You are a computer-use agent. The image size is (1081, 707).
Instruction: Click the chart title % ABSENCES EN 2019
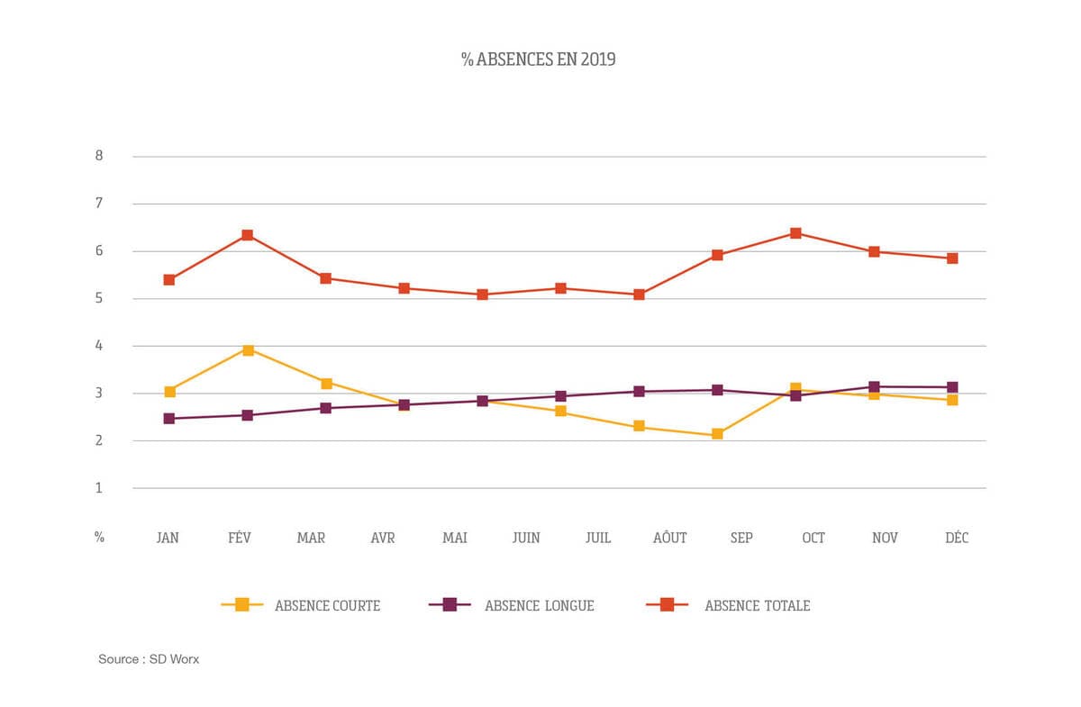539,60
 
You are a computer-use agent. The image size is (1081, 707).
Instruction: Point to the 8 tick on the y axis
99,156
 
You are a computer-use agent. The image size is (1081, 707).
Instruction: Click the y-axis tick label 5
99,298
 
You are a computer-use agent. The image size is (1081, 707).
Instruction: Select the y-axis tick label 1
99,488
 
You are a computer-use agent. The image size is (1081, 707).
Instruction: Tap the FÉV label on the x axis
240,538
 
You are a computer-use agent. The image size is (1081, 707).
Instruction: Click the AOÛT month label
669,538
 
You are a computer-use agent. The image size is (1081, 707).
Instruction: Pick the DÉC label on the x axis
957,538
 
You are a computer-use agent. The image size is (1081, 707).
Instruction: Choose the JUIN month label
526,538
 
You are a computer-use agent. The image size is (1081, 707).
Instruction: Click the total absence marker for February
247,236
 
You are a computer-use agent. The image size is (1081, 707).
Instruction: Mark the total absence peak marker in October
795,233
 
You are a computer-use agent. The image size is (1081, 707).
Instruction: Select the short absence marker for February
247,350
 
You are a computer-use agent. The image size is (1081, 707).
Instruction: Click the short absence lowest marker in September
717,434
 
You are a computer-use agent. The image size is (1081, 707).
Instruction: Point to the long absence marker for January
168,419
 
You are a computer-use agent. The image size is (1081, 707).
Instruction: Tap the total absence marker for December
952,258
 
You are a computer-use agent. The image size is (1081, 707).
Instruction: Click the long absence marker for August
639,392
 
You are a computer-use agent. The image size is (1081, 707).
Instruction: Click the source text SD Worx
149,659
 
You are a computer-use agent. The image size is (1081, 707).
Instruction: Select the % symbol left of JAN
99,537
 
